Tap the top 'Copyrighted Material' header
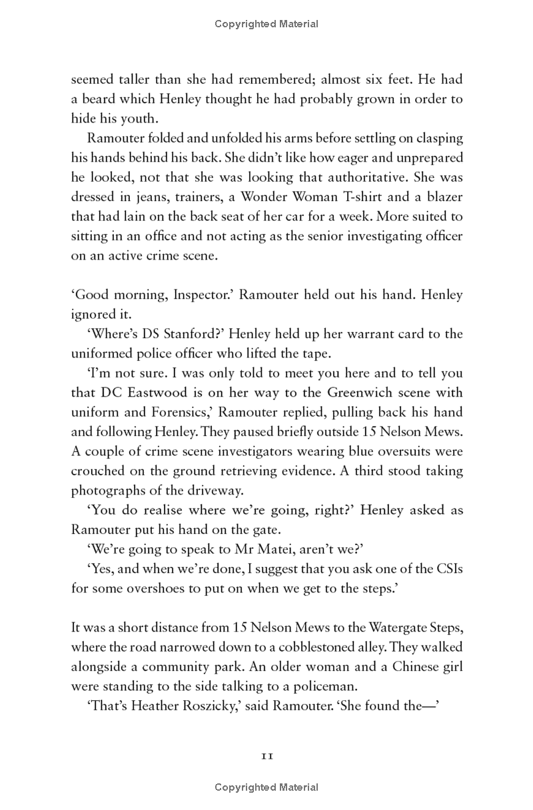click(266, 24)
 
